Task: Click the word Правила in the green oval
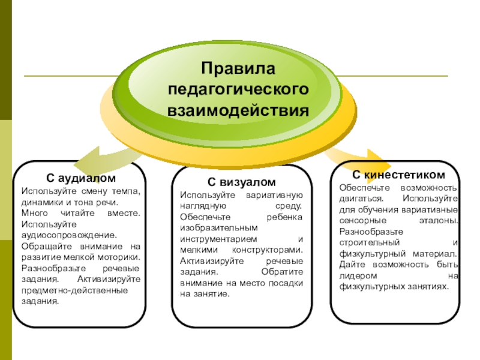[238, 70]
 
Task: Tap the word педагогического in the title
[238, 90]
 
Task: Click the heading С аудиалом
[81, 179]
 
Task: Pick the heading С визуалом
[242, 182]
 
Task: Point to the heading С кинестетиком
[398, 175]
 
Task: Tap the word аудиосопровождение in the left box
[68, 235]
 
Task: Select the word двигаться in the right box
[356, 197]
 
